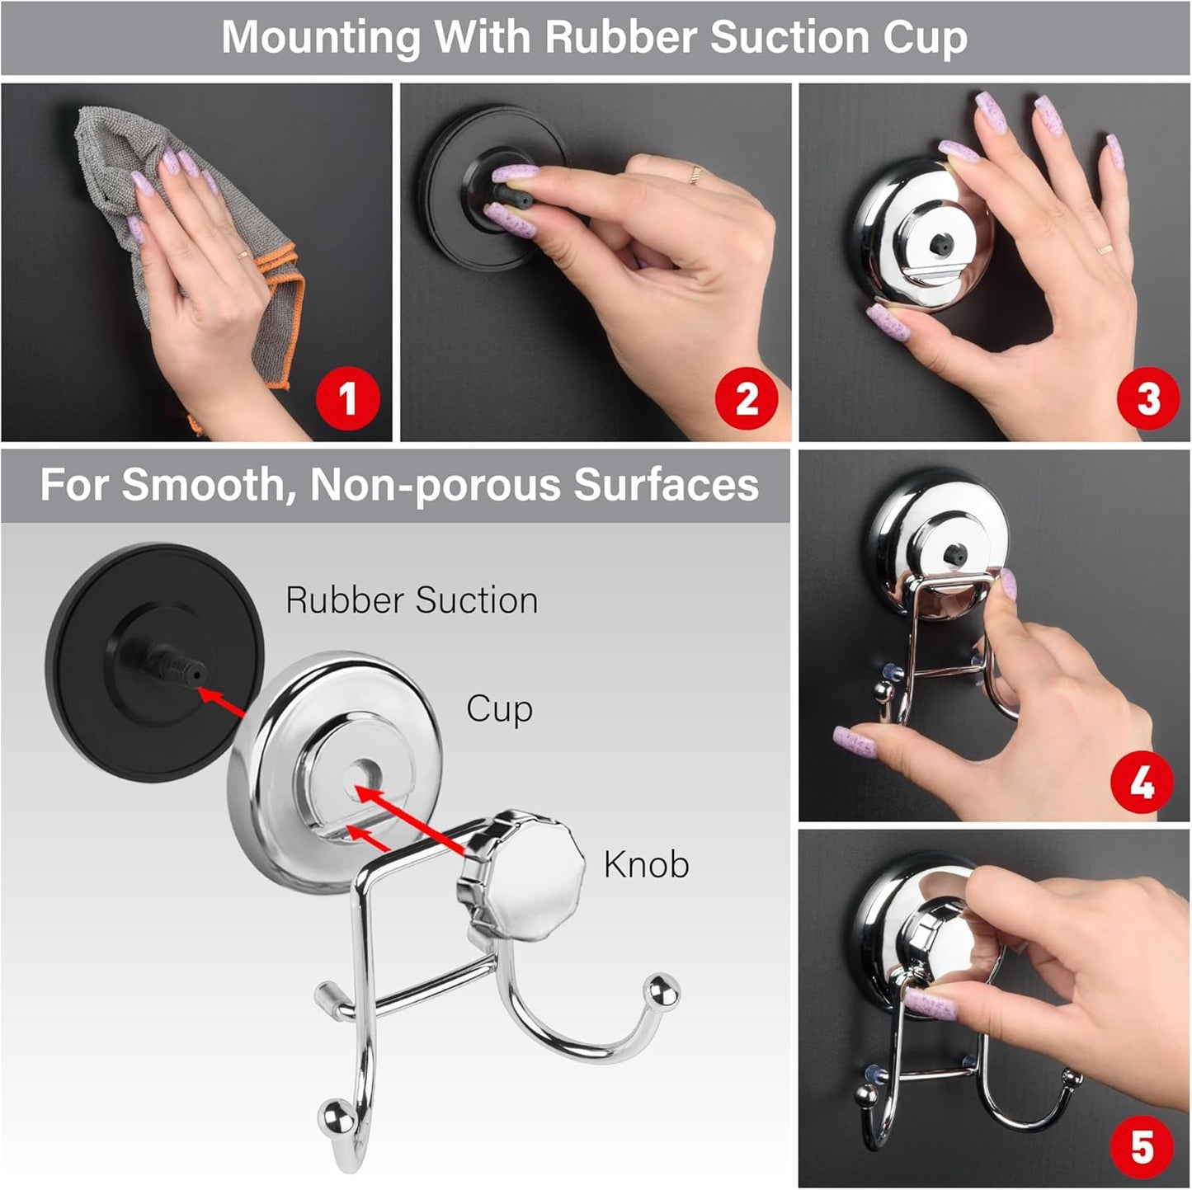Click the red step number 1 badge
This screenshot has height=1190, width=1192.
[348, 398]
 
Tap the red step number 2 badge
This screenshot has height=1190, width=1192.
[746, 398]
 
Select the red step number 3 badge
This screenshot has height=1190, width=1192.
[1148, 398]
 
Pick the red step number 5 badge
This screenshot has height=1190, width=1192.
[1142, 1146]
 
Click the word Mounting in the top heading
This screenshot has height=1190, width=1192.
[322, 37]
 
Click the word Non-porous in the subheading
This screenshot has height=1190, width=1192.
[436, 485]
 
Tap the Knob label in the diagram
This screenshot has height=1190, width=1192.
[646, 864]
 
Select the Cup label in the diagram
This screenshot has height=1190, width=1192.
[499, 709]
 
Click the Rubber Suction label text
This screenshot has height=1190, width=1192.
[412, 600]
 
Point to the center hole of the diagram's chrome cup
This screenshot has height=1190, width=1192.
[358, 774]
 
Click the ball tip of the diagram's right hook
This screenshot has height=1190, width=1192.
[663, 990]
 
